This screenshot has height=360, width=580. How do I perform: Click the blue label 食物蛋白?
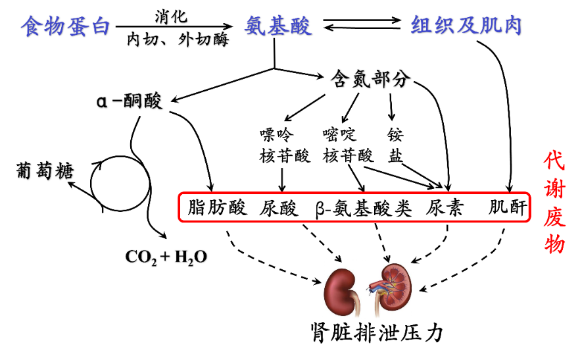(x=65, y=26)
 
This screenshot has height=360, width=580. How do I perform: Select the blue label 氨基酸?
(x=278, y=26)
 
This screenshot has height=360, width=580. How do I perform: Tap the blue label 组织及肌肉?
(x=466, y=26)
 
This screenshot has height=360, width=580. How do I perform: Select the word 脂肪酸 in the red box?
(x=218, y=208)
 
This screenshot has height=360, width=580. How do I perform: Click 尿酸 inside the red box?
(x=280, y=208)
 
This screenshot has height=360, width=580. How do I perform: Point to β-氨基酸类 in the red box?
(x=363, y=208)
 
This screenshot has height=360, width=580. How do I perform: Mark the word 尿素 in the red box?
(x=445, y=208)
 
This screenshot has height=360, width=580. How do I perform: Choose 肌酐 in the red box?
(x=508, y=208)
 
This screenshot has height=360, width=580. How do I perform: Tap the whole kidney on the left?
(x=342, y=290)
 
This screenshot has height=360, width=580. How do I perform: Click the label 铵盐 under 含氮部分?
(x=395, y=145)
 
